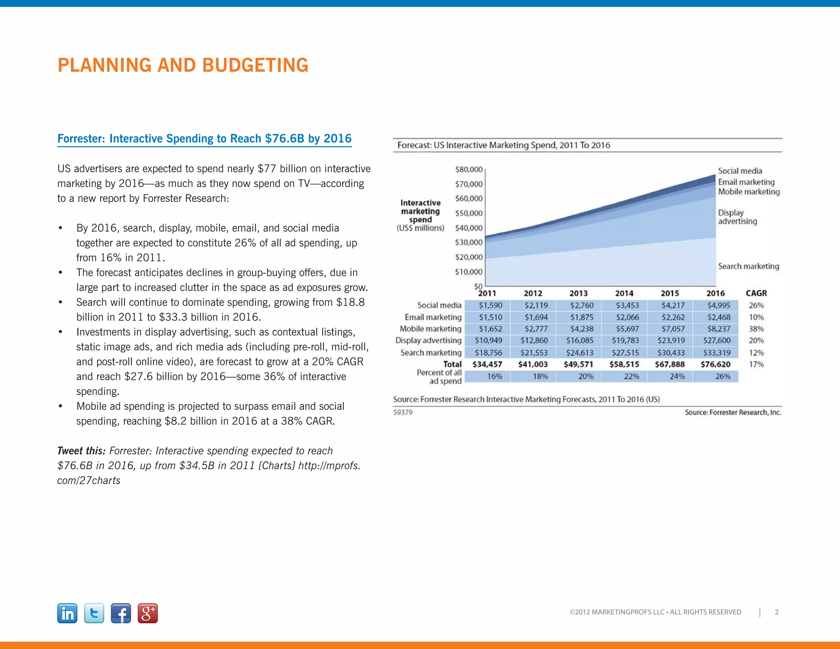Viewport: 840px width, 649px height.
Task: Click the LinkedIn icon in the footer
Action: [x=67, y=613]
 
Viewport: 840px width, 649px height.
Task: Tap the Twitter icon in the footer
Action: [x=94, y=613]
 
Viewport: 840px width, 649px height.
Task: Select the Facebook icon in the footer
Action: [x=121, y=613]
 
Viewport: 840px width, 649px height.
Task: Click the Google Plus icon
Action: [x=148, y=613]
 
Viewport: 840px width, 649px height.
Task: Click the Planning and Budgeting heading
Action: [x=183, y=65]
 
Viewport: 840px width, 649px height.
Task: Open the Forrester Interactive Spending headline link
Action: [x=204, y=139]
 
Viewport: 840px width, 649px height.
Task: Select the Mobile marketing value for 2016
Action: [x=719, y=329]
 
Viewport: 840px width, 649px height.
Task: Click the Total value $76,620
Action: [x=715, y=364]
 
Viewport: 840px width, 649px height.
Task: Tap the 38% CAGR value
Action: [x=756, y=329]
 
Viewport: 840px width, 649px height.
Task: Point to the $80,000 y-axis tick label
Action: [x=468, y=169]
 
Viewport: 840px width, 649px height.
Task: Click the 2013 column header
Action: [x=578, y=293]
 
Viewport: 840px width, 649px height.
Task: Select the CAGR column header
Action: [x=756, y=293]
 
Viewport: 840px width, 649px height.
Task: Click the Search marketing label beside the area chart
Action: [x=748, y=266]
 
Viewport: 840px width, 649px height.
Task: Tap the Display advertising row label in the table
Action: [x=428, y=340]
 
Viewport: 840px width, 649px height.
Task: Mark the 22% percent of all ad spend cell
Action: [x=631, y=377]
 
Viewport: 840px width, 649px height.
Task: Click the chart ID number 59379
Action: [x=403, y=412]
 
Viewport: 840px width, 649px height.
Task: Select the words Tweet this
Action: [x=81, y=451]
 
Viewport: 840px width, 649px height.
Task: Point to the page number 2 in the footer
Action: [x=776, y=612]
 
